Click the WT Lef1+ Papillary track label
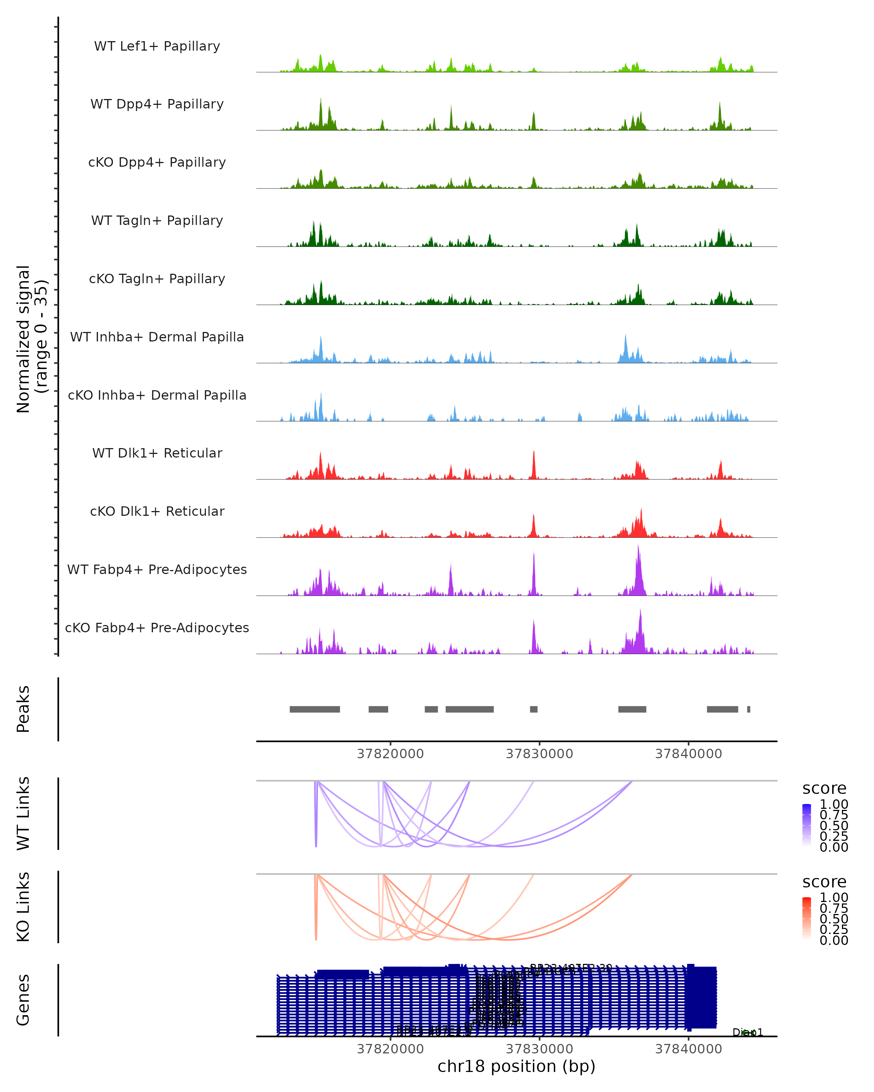[x=157, y=46]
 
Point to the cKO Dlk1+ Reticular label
[x=157, y=511]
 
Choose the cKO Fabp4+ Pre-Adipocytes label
[x=157, y=628]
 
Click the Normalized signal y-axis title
[x=31, y=339]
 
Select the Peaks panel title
[x=23, y=709]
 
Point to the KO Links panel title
[x=23, y=907]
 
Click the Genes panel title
[x=23, y=1000]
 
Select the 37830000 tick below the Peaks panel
[x=540, y=754]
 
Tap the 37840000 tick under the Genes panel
[x=689, y=1049]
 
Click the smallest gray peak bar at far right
[x=749, y=709]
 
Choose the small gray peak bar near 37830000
[x=534, y=709]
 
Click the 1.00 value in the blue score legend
[x=834, y=804]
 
